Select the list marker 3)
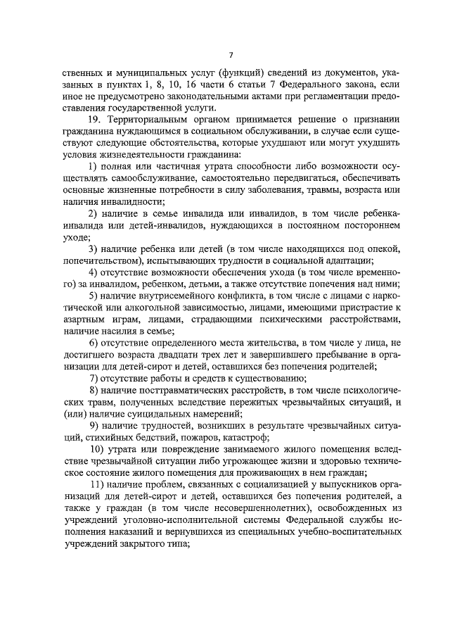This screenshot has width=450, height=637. [x=93, y=249]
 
